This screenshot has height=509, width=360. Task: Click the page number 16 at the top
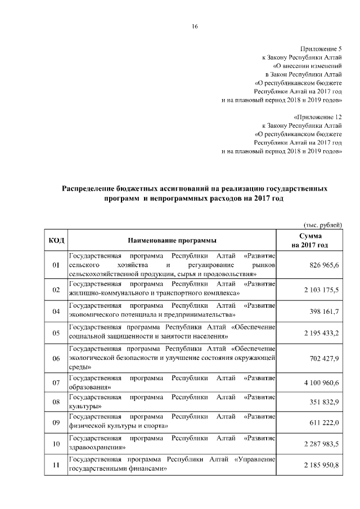194,26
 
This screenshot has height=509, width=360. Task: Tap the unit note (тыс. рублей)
322,224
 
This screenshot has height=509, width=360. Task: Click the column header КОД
56,241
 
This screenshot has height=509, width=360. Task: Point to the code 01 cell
56,265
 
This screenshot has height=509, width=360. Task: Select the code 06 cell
56,358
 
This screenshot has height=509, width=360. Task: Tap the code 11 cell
56,465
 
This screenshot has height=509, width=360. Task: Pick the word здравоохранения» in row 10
96,448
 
